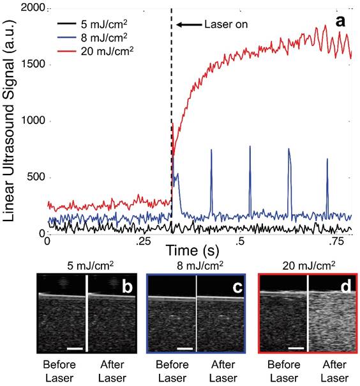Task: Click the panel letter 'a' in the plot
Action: (x=341, y=20)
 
